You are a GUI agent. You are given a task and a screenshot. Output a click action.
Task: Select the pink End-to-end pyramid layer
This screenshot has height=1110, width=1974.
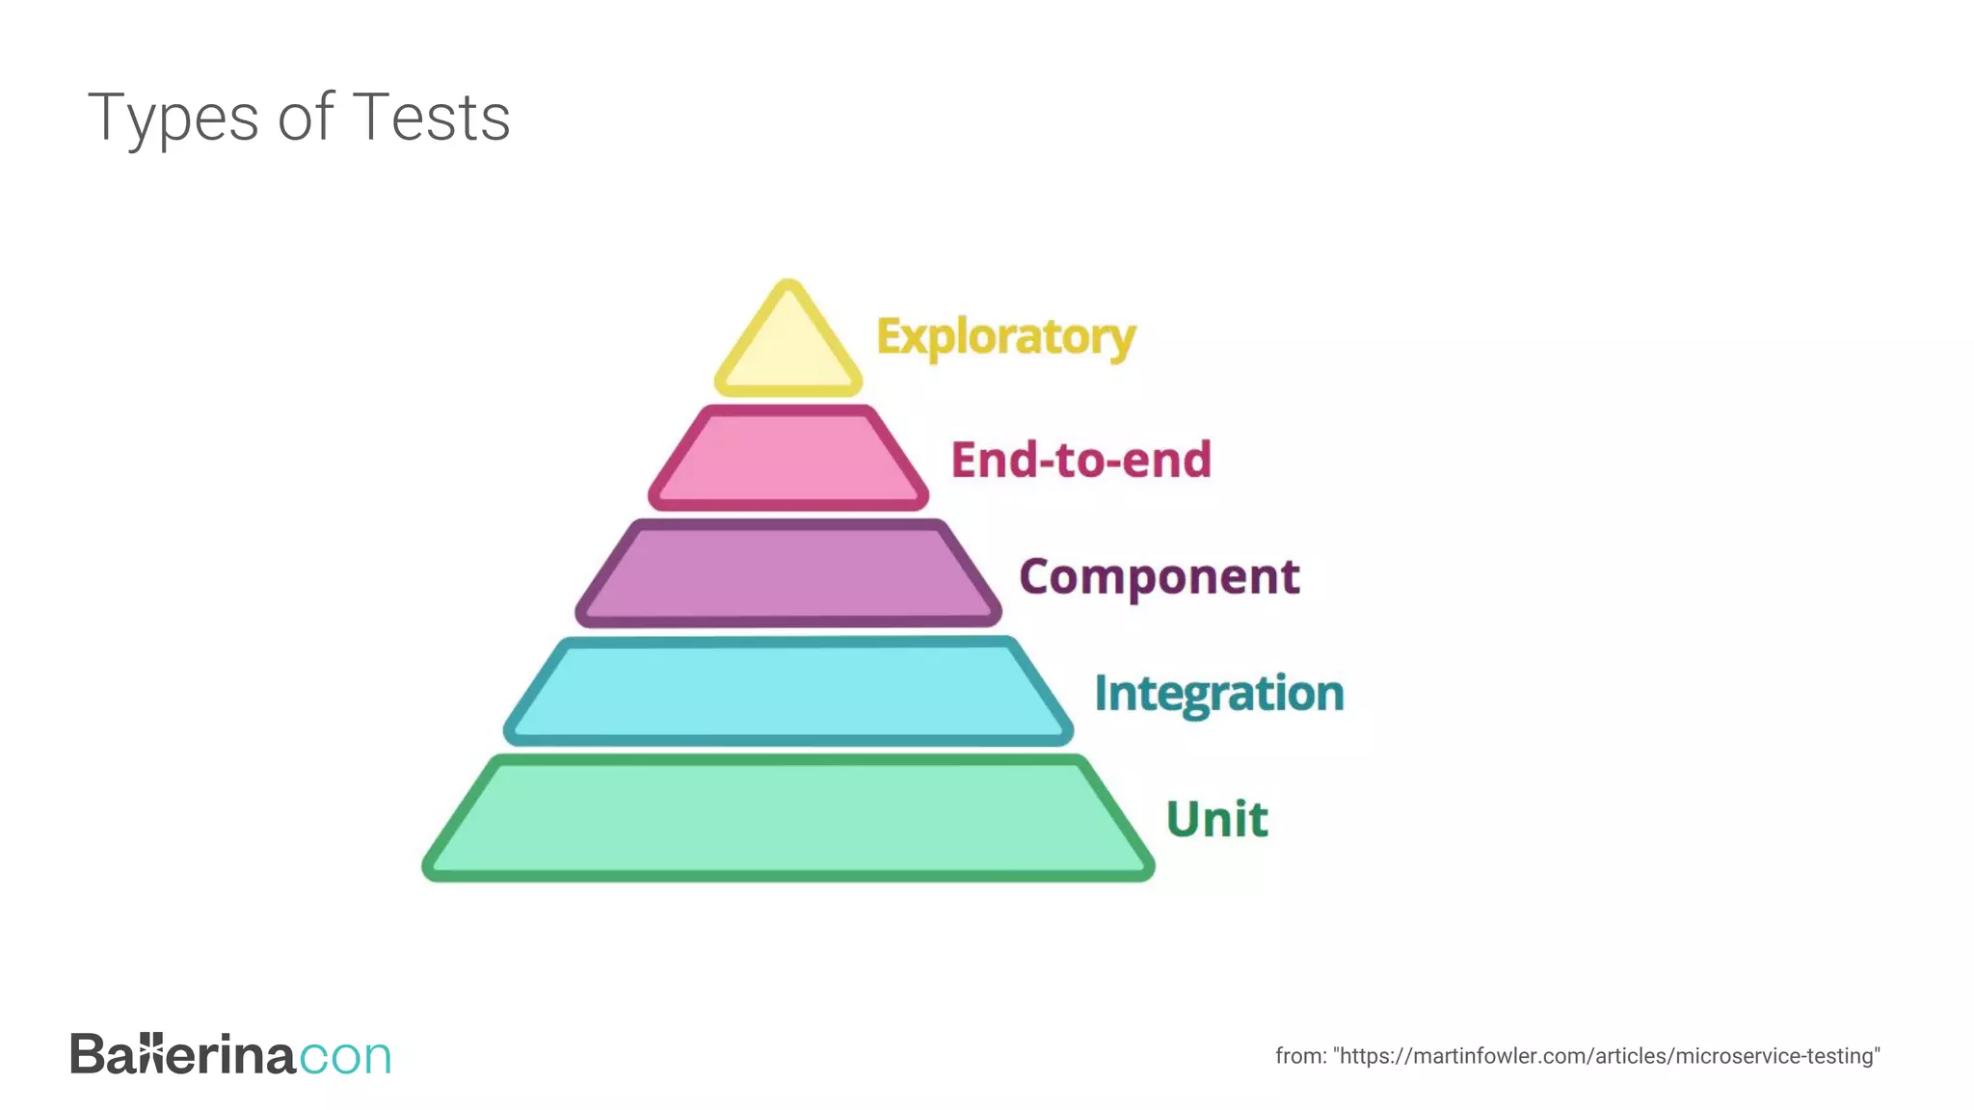point(788,459)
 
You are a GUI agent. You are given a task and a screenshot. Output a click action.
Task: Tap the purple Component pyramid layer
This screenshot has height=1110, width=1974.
point(788,574)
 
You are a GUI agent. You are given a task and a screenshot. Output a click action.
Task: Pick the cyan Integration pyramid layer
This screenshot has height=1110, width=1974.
point(788,691)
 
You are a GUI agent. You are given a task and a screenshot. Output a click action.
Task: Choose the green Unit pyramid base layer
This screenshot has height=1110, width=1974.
point(788,818)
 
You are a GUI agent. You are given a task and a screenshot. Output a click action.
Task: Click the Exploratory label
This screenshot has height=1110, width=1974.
point(1005,337)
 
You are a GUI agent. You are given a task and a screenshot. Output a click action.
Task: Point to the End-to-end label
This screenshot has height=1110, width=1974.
point(1080,460)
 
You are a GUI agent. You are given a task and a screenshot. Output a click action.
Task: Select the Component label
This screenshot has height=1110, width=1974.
point(1159,577)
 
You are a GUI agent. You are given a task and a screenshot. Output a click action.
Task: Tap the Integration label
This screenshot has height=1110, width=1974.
point(1218,694)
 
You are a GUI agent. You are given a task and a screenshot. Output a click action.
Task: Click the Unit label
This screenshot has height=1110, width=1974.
point(1216,819)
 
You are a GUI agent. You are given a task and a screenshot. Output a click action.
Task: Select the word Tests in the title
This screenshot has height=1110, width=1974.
point(431,118)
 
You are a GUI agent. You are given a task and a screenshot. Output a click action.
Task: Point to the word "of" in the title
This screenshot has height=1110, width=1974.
point(306,118)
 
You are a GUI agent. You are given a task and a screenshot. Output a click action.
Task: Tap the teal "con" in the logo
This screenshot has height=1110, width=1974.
point(345,1056)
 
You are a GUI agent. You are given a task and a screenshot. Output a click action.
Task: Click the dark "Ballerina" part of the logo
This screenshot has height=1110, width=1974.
point(182,1054)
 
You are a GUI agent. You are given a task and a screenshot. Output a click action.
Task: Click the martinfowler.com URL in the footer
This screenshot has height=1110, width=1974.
point(1607,1056)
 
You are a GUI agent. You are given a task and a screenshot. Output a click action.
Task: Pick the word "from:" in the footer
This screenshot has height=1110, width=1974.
point(1300,1056)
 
